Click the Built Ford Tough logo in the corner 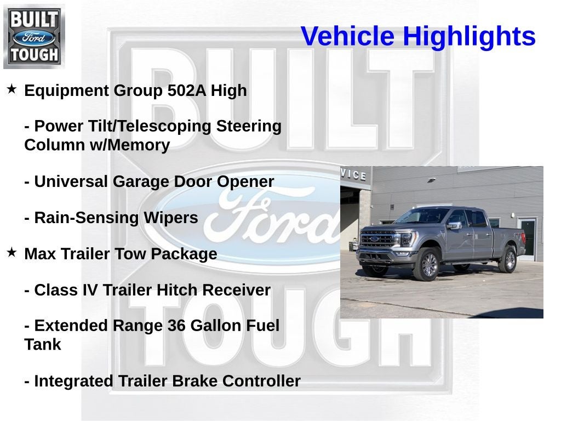pyautogui.click(x=34, y=37)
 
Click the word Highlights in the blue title pyautogui.click(x=469, y=37)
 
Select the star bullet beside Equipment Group pyautogui.click(x=12, y=89)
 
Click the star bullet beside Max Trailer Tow pyautogui.click(x=12, y=252)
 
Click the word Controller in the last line pyautogui.click(x=262, y=381)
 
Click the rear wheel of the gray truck pyautogui.click(x=507, y=260)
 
